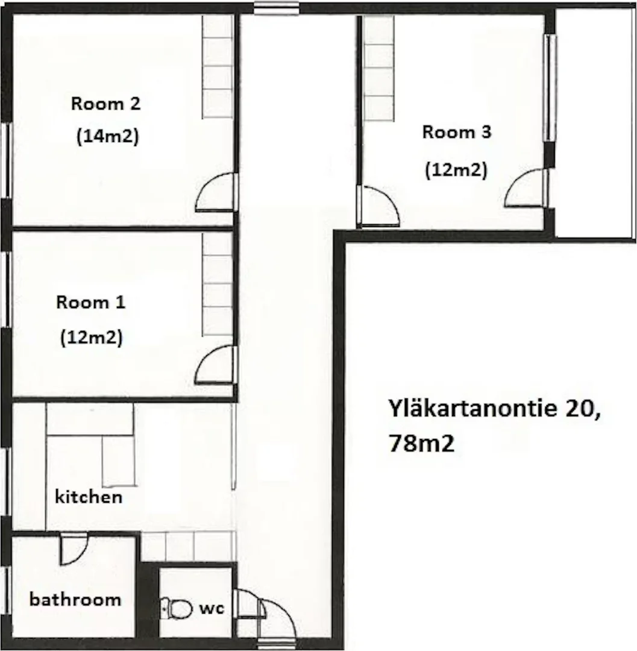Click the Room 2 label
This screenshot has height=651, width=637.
(106, 104)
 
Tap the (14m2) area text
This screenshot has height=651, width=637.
(107, 136)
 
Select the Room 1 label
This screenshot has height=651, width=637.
(91, 302)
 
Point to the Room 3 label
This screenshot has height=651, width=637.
(457, 132)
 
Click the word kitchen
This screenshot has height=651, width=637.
(89, 497)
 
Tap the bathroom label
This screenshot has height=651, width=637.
(75, 599)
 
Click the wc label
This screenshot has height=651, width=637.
(212, 609)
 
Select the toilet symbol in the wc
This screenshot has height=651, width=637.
(177, 609)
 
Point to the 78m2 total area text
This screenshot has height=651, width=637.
(421, 444)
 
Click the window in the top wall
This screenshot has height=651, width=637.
(277, 8)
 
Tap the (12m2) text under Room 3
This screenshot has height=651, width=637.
(456, 169)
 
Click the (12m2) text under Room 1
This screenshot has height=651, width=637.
(92, 338)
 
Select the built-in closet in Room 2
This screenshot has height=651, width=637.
(218, 68)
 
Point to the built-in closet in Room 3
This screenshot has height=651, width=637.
(379, 69)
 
